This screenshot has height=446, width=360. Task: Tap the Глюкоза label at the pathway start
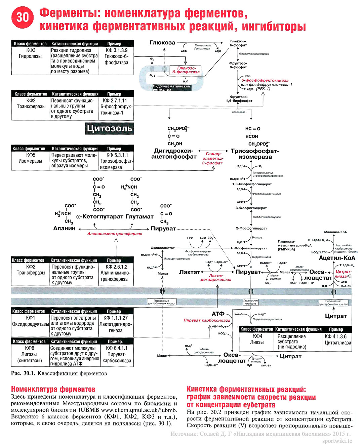[x=162, y=43]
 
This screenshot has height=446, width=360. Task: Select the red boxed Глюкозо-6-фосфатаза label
[x=186, y=70]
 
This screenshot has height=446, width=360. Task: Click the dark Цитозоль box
[x=109, y=128]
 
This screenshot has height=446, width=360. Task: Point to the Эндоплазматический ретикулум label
[x=171, y=88]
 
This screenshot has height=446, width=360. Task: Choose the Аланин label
[x=65, y=228]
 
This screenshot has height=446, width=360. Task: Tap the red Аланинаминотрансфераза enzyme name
[x=115, y=234]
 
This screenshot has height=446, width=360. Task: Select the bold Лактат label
[x=189, y=272]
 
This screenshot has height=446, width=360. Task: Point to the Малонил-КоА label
[x=335, y=232]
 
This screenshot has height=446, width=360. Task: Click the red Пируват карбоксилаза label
[x=207, y=320]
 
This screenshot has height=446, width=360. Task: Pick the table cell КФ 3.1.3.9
[x=116, y=50]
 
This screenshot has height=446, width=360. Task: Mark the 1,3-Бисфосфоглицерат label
[x=252, y=184]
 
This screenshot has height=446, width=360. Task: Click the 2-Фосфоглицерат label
[x=251, y=228]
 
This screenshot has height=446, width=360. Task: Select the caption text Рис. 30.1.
[x=23, y=373]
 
